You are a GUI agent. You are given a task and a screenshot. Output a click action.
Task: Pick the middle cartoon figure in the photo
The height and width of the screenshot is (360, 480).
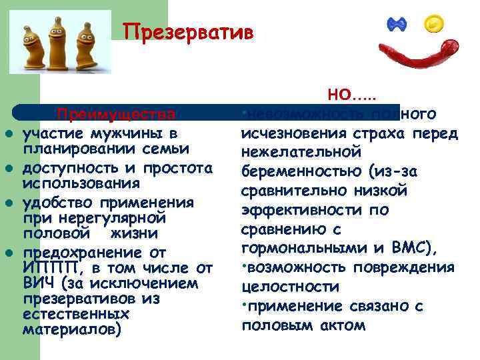[61, 39]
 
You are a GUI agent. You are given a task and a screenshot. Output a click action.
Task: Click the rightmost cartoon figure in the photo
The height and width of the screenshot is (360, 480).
[85, 42]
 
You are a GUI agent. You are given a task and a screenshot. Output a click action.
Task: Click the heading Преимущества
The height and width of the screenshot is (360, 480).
[117, 113]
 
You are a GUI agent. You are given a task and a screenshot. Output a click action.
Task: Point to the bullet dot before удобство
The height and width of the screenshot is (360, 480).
[9, 201]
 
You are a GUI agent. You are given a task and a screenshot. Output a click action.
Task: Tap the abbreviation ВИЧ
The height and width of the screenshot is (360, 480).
[35, 283]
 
